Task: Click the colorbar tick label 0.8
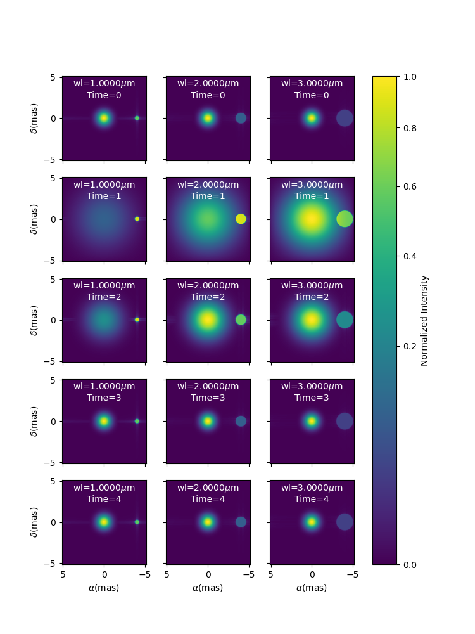pos(410,128)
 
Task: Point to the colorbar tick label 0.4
pos(410,256)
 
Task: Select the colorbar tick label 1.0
pos(410,77)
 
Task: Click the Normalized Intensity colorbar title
pos(424,321)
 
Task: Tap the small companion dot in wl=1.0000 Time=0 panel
pos(137,118)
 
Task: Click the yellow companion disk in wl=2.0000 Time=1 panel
pos(241,219)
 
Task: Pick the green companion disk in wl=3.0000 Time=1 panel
pos(345,219)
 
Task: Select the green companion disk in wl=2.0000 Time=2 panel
pos(241,320)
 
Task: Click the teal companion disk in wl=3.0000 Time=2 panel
pos(345,320)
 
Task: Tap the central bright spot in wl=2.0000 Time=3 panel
pos(208,421)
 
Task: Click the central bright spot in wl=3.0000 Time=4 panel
pos(312,522)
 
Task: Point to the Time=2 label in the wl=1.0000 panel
pos(104,297)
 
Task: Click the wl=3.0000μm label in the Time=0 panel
pos(312,83)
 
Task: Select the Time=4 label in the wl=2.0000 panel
pos(208,499)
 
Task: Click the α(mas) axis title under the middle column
pos(208,588)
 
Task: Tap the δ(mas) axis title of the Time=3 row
pos(34,422)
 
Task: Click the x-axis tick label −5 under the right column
pos(353,574)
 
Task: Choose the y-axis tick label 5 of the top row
pos(53,77)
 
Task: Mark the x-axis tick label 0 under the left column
pos(104,574)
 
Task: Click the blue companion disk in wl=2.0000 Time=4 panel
pos(241,522)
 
